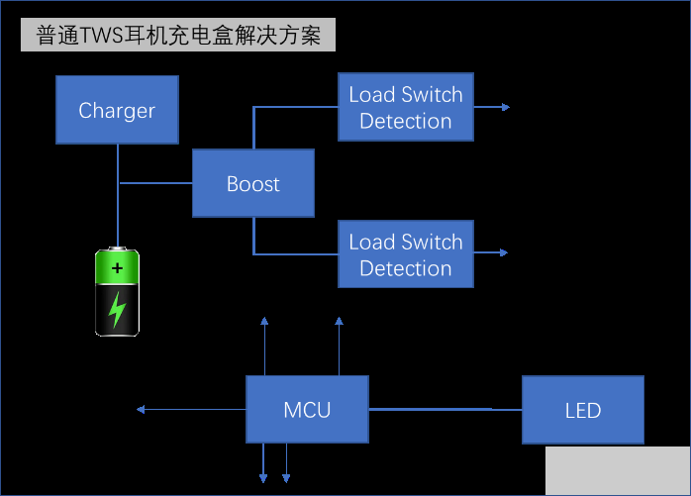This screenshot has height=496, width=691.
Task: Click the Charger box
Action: point(117,111)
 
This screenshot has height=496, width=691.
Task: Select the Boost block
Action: point(252,184)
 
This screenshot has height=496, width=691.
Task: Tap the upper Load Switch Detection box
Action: point(406,107)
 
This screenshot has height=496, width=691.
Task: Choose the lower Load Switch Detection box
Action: point(406,254)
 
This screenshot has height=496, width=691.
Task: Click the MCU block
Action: point(307,410)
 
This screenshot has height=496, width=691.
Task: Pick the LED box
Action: point(582,410)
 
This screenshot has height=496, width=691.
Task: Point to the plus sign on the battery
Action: point(118,268)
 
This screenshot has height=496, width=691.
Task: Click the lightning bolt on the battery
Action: point(118,310)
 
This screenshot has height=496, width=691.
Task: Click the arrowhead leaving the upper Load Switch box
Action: point(505,107)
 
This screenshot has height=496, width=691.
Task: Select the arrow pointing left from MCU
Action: point(143,409)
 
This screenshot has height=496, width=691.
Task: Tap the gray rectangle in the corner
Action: point(617,470)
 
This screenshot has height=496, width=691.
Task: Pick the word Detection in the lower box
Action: point(406,268)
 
